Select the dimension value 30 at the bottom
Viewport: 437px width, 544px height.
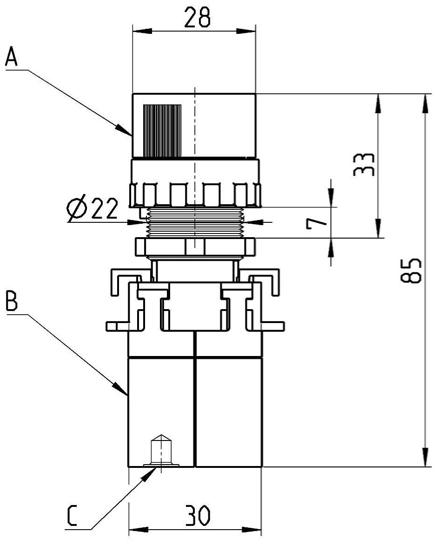coord(197,516)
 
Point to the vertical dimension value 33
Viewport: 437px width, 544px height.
coord(364,164)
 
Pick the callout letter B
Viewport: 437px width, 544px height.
coord(12,301)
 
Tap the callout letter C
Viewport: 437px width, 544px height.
coord(72,515)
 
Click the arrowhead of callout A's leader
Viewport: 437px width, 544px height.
coord(125,130)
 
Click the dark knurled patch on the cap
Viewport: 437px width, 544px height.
coord(162,131)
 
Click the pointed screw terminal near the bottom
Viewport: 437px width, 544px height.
coord(160,450)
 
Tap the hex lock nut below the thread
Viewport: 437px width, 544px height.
coord(195,246)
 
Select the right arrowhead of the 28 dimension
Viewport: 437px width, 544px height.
coord(246,31)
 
